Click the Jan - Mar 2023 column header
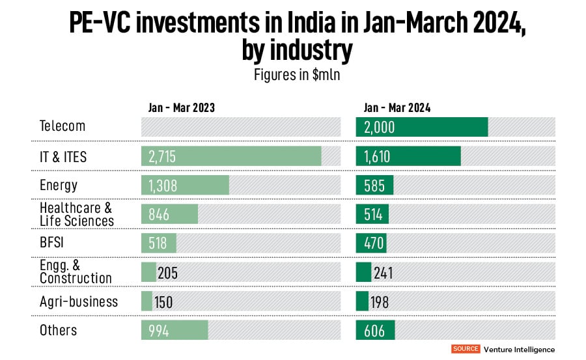(x=178, y=108)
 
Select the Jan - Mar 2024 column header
(x=397, y=108)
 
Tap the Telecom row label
(x=63, y=126)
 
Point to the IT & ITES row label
(x=63, y=156)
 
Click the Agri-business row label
(x=79, y=301)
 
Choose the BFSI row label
(x=54, y=243)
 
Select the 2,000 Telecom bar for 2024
(x=422, y=127)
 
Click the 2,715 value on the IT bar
(x=162, y=156)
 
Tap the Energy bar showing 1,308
(x=185, y=185)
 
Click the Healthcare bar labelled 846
(x=169, y=214)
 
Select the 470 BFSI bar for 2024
(x=371, y=243)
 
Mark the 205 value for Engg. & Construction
(x=167, y=272)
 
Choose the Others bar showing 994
(x=174, y=330)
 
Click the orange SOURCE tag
(x=466, y=349)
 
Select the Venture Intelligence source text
(x=519, y=349)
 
